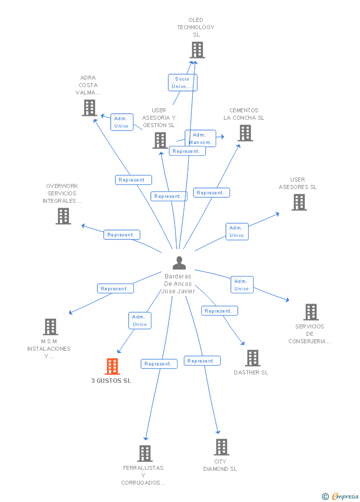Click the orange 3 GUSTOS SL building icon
(x=112, y=366)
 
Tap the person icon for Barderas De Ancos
(x=179, y=263)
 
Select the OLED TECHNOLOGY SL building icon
(x=197, y=50)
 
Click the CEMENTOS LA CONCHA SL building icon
(x=245, y=133)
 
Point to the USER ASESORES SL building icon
(x=299, y=202)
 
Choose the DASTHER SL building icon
(x=252, y=358)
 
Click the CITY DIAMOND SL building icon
(x=221, y=447)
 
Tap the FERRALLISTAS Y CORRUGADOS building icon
(x=144, y=453)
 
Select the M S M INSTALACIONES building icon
(x=50, y=327)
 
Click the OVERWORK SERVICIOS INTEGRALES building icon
(x=63, y=216)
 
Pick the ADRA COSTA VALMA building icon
(x=89, y=108)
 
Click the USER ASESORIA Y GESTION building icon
(x=160, y=140)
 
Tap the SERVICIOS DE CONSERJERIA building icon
(x=311, y=312)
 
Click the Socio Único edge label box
(x=182, y=83)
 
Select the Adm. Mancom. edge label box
(x=200, y=138)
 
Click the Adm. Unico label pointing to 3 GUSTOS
(x=139, y=320)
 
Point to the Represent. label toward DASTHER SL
(x=219, y=311)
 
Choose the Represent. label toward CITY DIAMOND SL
(x=202, y=361)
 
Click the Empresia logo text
(x=345, y=496)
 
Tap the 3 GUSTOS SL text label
(x=111, y=381)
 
